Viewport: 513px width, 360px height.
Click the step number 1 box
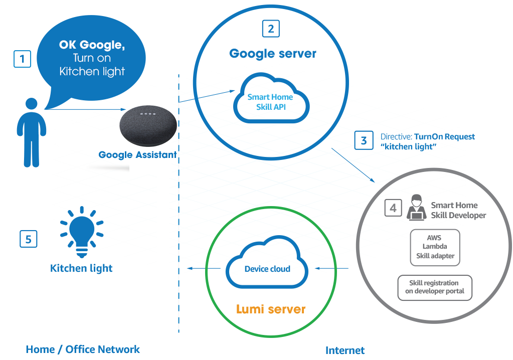[22, 59]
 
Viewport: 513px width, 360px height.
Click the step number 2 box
[271, 29]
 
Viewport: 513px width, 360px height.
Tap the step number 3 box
[364, 140]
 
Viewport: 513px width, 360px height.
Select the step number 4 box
[394, 208]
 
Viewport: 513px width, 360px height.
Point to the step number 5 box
[29, 239]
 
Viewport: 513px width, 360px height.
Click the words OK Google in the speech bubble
[92, 45]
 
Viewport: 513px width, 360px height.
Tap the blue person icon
[32, 132]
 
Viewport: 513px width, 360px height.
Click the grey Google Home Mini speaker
[148, 125]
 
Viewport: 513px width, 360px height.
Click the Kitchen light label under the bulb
[81, 268]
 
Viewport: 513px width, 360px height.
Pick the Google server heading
[273, 54]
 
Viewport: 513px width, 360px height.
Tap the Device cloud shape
[267, 266]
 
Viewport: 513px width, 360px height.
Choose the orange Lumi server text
[271, 309]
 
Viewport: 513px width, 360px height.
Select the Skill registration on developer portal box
[435, 287]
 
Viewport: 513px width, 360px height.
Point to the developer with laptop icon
[416, 209]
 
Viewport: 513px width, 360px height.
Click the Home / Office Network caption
[83, 349]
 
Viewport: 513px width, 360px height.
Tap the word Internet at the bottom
[345, 350]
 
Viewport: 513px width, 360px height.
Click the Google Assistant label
[137, 155]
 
